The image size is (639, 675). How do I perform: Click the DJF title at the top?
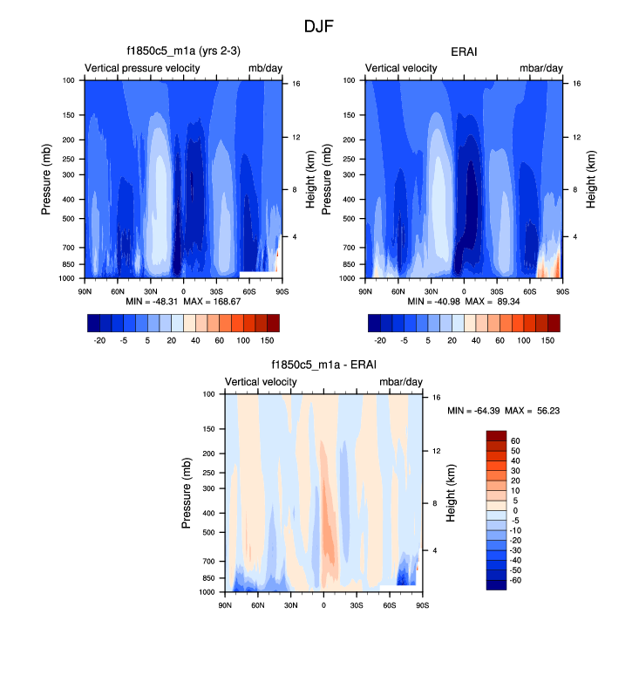point(319,26)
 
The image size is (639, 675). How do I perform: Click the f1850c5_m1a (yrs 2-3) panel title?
point(183,51)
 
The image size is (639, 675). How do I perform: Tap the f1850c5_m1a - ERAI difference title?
point(323,365)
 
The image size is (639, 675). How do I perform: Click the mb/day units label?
point(264,68)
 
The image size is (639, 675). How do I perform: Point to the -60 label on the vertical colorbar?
point(515,580)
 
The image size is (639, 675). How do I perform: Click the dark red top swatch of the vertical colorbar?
point(496,436)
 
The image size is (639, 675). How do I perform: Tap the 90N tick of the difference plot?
point(225,604)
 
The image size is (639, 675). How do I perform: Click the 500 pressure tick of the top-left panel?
point(69,219)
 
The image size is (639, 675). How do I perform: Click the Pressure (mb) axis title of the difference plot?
point(187,494)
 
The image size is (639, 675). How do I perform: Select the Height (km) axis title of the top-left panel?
point(311,179)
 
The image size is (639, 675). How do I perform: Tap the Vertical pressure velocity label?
point(143,68)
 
